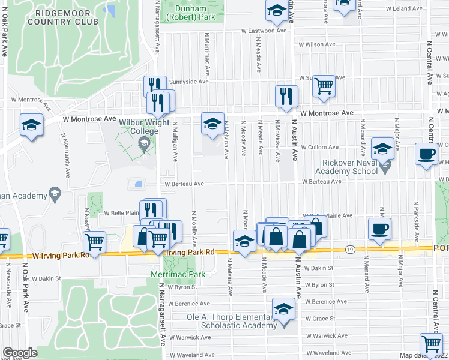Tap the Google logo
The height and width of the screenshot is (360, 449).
[20, 353]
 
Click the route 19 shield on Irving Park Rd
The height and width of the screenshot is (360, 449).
[350, 248]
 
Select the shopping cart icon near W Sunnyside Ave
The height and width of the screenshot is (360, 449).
[324, 86]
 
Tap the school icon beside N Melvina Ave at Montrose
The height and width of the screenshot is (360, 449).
[212, 123]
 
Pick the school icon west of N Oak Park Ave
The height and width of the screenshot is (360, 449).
[31, 125]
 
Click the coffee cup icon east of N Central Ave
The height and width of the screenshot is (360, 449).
[427, 153]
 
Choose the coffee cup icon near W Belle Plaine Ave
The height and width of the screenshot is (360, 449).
[379, 228]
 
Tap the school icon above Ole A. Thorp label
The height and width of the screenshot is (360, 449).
[283, 308]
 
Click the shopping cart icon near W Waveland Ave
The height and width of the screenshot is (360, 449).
[432, 344]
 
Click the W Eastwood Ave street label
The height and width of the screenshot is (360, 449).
[262, 31]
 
